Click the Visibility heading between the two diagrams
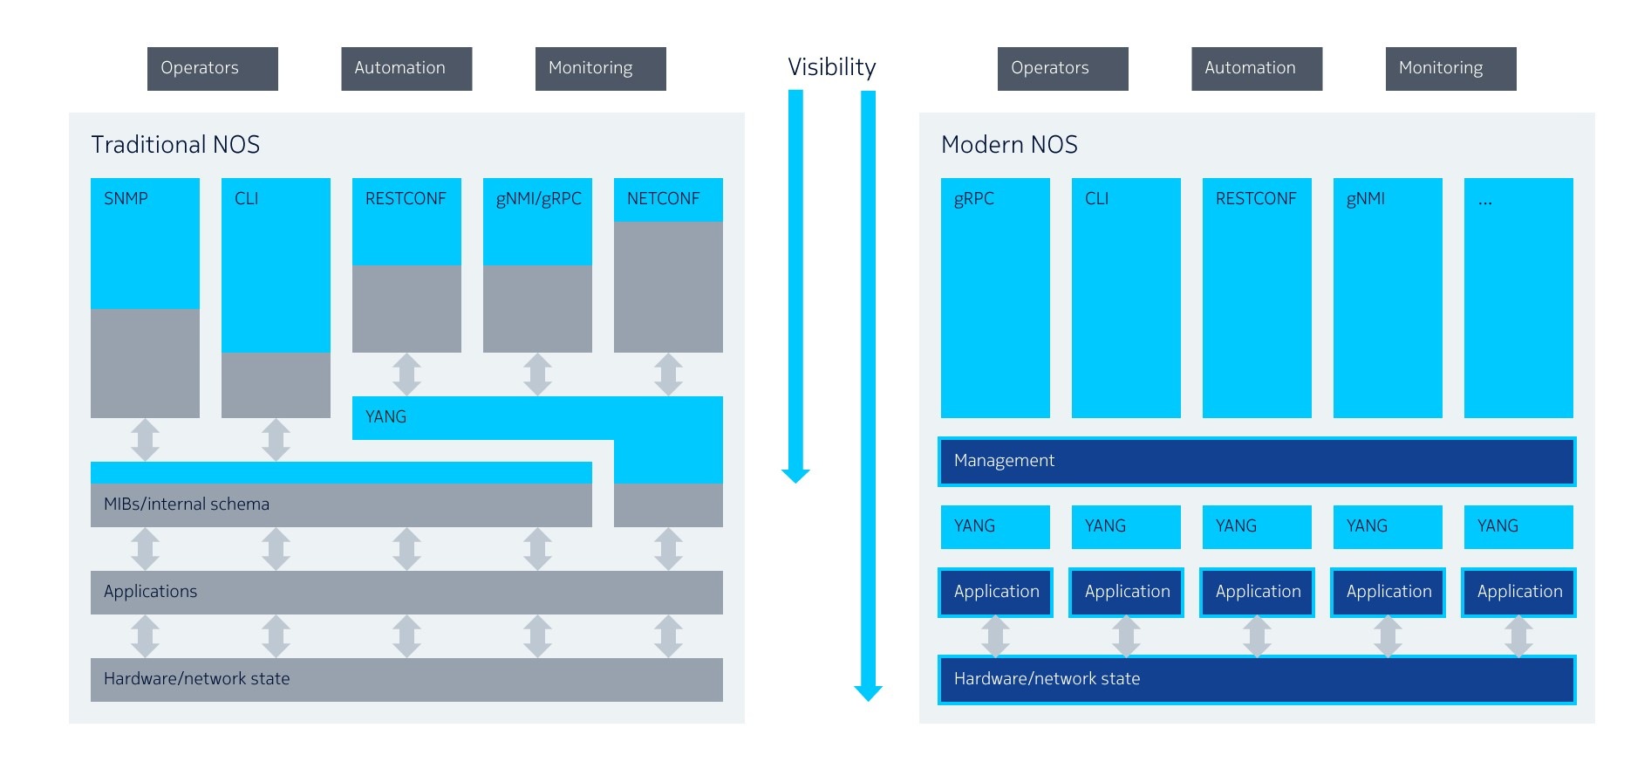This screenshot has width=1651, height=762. (x=831, y=67)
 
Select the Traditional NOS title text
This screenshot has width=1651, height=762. (x=175, y=144)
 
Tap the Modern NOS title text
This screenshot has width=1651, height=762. (x=1009, y=144)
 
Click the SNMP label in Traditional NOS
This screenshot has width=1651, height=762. (x=126, y=198)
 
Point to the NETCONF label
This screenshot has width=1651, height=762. (x=663, y=198)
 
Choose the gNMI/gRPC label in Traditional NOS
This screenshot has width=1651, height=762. (x=538, y=198)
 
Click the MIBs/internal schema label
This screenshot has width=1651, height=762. (x=187, y=504)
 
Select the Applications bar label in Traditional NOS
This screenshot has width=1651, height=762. (x=150, y=591)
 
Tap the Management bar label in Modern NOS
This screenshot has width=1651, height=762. (x=1004, y=460)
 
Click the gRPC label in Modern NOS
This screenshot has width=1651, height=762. (x=973, y=198)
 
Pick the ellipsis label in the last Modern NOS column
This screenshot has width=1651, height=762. (x=1485, y=200)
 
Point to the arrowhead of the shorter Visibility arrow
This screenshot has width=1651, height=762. (x=795, y=476)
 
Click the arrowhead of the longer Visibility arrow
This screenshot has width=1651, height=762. (x=868, y=693)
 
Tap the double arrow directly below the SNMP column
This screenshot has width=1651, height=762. (x=145, y=439)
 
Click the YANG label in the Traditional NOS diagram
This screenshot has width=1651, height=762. (x=385, y=416)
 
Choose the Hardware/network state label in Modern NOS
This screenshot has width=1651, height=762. (x=1047, y=678)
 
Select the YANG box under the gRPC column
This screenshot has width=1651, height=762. (x=994, y=526)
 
